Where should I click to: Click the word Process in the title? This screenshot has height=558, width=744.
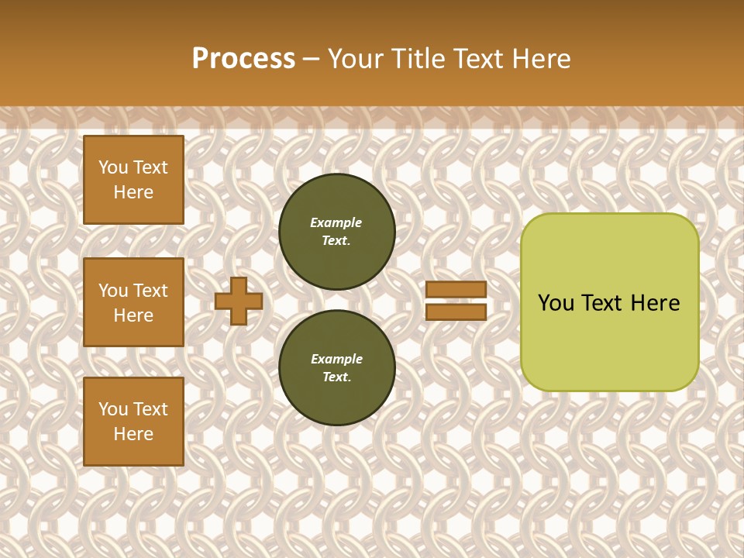click(243, 59)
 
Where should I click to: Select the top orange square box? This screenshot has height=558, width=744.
click(133, 180)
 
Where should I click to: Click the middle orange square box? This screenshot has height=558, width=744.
click(133, 302)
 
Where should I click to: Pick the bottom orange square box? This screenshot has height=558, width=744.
click(133, 422)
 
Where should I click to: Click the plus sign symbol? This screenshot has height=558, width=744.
click(239, 301)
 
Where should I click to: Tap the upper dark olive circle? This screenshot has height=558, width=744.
click(337, 232)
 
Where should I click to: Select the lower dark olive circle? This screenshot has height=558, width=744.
click(337, 368)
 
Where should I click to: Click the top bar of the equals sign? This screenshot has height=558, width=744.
click(456, 289)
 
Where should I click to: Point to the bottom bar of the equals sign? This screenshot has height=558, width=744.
click(456, 312)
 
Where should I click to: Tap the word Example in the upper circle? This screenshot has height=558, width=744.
click(336, 222)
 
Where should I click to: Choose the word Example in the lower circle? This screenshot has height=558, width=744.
click(336, 359)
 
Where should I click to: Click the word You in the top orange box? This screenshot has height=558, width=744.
click(113, 167)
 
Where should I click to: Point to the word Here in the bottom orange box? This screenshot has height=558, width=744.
click(133, 434)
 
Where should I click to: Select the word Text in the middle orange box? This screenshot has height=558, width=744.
click(151, 291)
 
